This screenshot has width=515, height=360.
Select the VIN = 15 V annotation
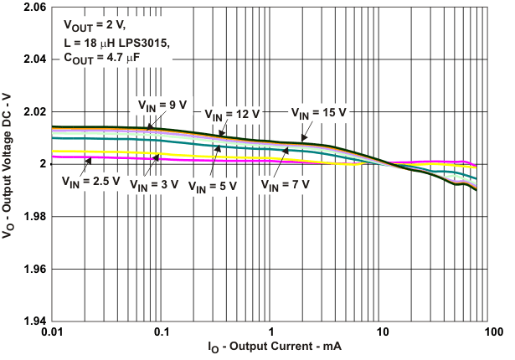click(x=318, y=112)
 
